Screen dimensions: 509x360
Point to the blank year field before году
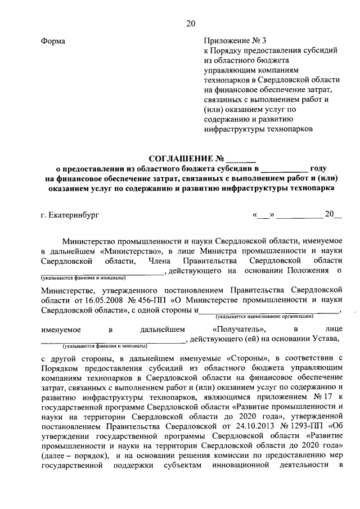pos(285,168)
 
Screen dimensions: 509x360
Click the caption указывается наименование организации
pos(264,317)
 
